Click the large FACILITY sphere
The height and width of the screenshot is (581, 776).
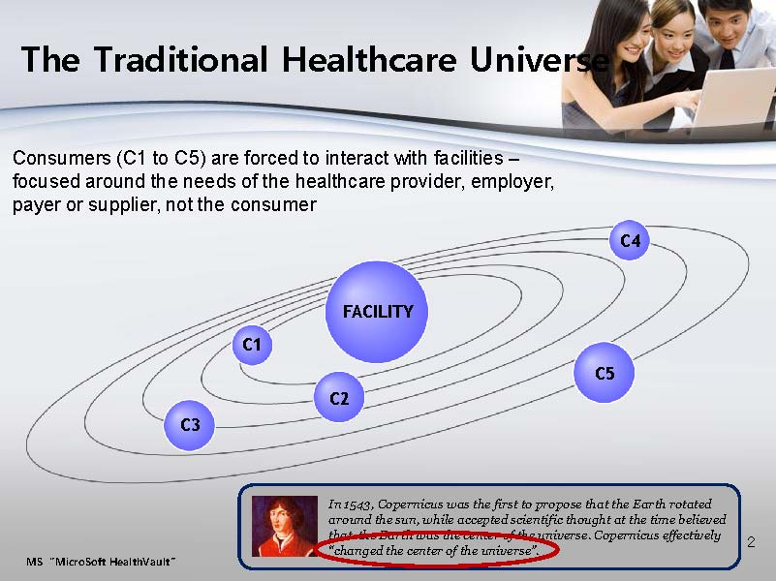click(x=377, y=312)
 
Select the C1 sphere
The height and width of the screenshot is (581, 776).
click(x=252, y=345)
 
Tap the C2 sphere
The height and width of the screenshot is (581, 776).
click(x=339, y=397)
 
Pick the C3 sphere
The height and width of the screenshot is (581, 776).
click(x=189, y=425)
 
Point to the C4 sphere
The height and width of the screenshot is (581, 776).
click(x=629, y=240)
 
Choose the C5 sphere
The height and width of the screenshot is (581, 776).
click(x=604, y=373)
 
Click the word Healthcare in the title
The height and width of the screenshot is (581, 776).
click(x=369, y=60)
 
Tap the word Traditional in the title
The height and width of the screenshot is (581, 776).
click(x=181, y=60)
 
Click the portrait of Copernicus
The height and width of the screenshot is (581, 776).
click(x=285, y=526)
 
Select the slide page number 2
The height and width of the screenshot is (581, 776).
click(x=751, y=542)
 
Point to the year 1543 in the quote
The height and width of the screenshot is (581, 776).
click(x=356, y=505)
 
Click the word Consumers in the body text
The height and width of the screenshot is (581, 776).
click(x=62, y=158)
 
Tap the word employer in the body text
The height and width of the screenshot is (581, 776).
click(x=512, y=182)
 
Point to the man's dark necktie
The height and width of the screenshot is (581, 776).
click(x=727, y=58)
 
